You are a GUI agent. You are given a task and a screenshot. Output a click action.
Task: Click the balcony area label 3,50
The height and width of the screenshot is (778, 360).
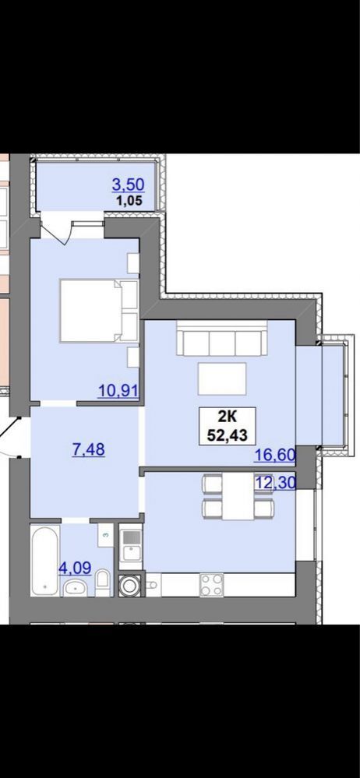click(x=128, y=185)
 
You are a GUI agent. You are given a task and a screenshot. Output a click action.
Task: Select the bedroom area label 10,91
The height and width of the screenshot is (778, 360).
click(x=118, y=390)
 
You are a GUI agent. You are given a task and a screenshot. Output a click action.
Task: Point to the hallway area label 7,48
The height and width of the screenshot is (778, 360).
click(x=89, y=449)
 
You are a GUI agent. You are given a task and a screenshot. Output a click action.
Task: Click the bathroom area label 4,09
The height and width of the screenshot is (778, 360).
click(x=75, y=568)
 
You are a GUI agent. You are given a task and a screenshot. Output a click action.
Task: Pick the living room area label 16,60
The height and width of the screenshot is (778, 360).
click(x=274, y=455)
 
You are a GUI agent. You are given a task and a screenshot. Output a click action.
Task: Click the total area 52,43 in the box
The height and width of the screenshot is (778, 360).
click(x=227, y=435)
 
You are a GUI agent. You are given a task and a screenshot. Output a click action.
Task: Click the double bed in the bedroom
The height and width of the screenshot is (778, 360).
click(x=98, y=311)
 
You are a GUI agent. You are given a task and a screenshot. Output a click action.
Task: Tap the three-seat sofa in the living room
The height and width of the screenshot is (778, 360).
click(x=222, y=338)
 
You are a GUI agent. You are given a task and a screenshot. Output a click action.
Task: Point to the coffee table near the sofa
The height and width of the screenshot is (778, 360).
click(x=222, y=379)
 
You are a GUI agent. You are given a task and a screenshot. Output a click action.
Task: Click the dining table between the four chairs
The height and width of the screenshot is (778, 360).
click(x=238, y=496)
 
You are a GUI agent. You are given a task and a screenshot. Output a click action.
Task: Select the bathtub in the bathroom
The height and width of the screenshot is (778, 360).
click(x=45, y=560)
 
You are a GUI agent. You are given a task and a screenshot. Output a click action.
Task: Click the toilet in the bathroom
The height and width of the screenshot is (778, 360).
click(x=103, y=583)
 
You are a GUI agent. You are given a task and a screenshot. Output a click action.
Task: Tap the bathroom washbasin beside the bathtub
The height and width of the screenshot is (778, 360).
click(x=75, y=587)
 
